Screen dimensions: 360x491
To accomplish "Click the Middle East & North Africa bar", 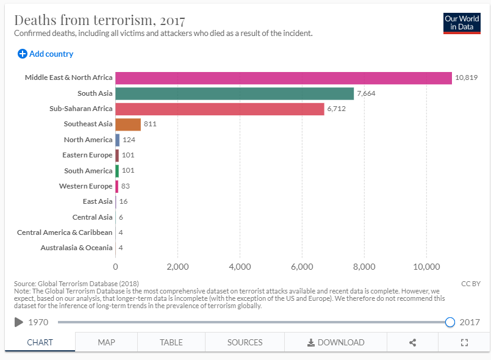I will [x=284, y=78].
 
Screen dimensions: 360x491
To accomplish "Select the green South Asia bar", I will [x=234, y=93].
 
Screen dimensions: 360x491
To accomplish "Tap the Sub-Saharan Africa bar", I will [x=220, y=109].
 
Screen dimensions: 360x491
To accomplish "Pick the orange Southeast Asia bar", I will [x=128, y=124].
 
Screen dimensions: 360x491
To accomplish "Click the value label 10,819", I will [x=466, y=78].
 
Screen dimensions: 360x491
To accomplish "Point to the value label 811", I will [x=150, y=124].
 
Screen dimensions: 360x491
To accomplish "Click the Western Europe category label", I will [x=86, y=186].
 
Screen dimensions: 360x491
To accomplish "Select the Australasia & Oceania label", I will [x=77, y=248].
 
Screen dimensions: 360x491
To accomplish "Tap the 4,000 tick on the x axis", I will [x=240, y=267].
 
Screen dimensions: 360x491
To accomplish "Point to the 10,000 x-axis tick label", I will [x=426, y=267].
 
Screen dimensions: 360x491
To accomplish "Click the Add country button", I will [x=46, y=54].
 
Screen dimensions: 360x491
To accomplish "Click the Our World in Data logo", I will [x=462, y=23].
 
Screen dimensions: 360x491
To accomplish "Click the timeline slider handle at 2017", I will [x=450, y=322].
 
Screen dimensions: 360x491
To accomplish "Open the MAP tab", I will [x=107, y=342].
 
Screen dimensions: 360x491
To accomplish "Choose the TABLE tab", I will [x=171, y=342].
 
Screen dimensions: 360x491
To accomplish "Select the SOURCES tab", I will [x=245, y=342].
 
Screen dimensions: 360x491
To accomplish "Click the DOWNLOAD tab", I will [x=335, y=342].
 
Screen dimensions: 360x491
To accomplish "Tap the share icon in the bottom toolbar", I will [x=412, y=342].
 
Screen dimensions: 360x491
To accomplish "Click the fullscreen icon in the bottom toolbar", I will [x=464, y=342].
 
